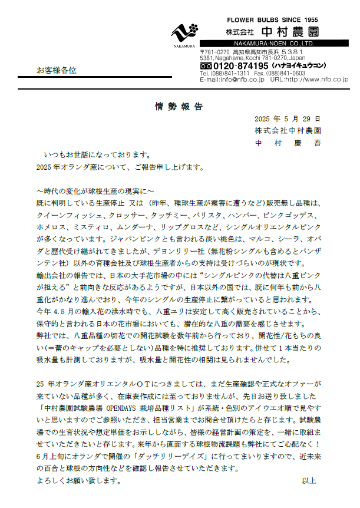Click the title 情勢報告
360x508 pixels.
tap(180, 107)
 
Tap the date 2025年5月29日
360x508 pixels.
tap(288, 118)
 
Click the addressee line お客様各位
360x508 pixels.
tap(57, 70)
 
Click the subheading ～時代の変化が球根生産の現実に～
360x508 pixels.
tap(95, 191)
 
